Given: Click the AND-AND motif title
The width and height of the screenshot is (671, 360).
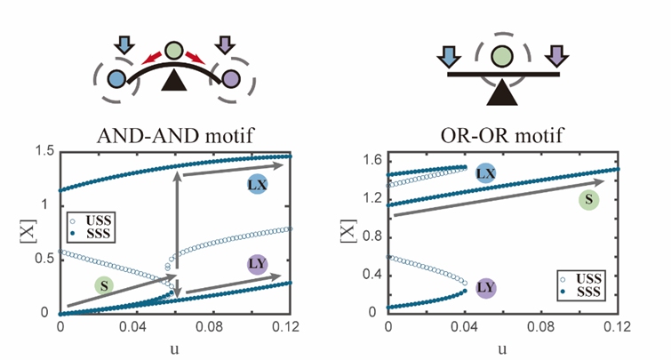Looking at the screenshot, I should coord(174,137).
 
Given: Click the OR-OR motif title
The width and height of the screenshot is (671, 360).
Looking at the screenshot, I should coord(502,137).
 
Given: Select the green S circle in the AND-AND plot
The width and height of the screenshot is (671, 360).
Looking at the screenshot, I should coord(105,285).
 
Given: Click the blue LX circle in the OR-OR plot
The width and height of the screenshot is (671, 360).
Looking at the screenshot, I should coord(485,174).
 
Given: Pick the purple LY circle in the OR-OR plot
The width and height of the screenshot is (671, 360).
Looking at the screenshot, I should coord(485,287).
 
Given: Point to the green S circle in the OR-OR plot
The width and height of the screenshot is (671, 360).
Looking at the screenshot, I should coord(587,199).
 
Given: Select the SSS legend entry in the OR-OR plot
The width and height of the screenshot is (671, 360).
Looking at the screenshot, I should coord(582,292).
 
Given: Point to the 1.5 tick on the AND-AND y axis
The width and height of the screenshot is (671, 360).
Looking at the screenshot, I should coord(43,154).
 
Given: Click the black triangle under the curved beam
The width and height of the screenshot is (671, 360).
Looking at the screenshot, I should coord(174,84).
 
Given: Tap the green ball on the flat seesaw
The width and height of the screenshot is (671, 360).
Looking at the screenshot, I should coord(503,56).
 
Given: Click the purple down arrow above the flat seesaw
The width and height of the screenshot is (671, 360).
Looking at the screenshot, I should coord(556,60).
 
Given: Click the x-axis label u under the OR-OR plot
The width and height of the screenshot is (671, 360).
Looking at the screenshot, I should coord(503,348).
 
